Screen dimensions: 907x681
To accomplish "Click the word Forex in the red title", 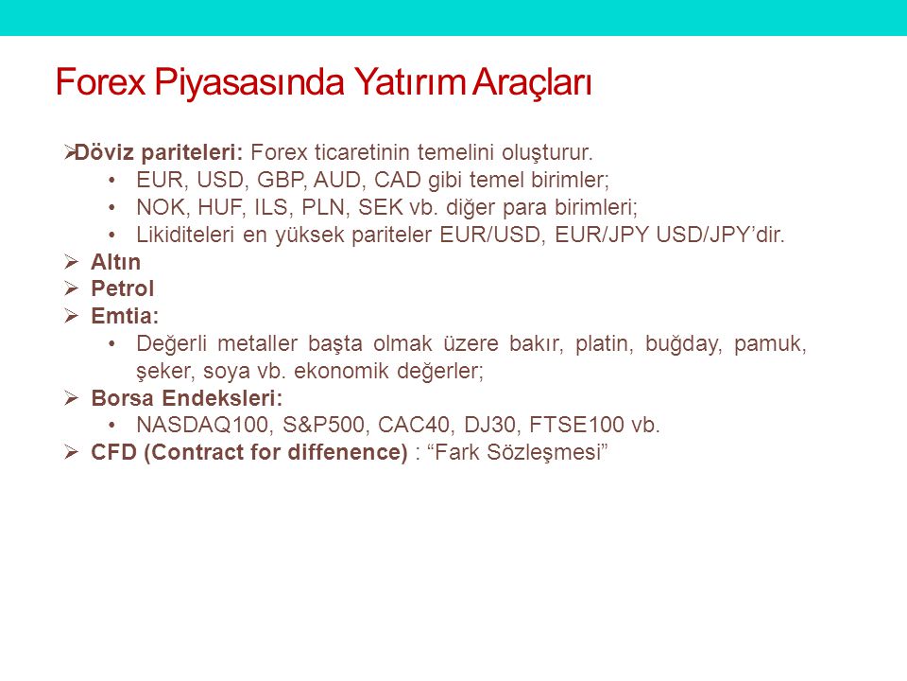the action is click(x=100, y=81).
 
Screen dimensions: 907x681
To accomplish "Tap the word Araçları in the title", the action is click(x=532, y=83).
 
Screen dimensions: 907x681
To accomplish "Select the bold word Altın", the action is click(x=115, y=262).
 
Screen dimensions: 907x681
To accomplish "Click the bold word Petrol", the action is click(x=123, y=289).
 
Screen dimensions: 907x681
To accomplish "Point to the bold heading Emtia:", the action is click(x=125, y=316).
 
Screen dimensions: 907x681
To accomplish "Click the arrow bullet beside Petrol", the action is click(x=71, y=288).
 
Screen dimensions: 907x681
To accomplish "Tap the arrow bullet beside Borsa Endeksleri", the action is click(x=71, y=398).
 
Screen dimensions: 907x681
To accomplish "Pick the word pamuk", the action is click(x=770, y=344).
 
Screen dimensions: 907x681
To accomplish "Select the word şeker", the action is click(x=163, y=371).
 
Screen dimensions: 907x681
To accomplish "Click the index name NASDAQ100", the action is click(x=203, y=425).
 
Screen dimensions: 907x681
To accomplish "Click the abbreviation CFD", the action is click(x=113, y=452).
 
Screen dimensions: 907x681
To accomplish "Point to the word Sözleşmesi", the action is click(x=547, y=453).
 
